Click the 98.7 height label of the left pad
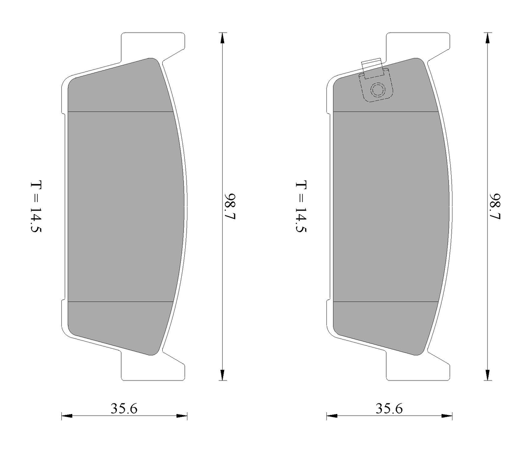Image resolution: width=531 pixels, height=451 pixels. pos(230,206)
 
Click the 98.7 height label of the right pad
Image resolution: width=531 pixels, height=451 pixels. pos(495,206)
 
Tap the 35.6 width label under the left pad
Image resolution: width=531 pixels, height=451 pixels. pos(124,408)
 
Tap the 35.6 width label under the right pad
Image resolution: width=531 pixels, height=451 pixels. pos(389,408)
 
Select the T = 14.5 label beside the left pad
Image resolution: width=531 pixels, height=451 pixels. pos(36,207)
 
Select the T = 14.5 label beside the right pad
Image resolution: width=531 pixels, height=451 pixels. pos(301,207)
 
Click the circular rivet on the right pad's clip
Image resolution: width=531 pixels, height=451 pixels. pos(378,90)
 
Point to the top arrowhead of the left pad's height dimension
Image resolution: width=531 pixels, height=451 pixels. pos(222,38)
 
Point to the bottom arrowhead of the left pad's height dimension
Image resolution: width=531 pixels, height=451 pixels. pos(222,375)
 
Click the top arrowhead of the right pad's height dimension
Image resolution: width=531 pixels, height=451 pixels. pos(488,38)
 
